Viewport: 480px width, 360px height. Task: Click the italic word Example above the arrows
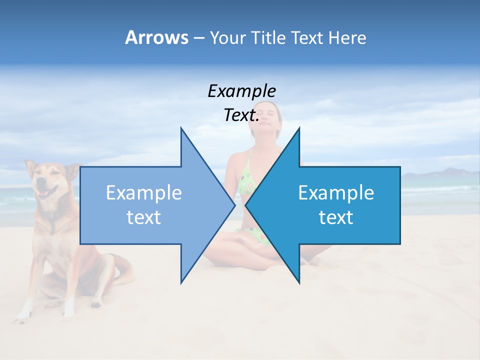pos(242,91)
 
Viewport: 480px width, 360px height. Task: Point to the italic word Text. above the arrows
pos(241,115)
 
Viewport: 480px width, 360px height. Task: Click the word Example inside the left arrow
pos(144,193)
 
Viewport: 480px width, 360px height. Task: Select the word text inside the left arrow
pos(144,217)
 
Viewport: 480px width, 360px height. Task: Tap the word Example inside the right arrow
pos(336,193)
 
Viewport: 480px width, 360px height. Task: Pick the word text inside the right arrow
pos(336,217)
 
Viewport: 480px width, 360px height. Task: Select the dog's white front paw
pos(22,314)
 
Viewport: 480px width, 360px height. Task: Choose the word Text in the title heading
pos(308,37)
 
